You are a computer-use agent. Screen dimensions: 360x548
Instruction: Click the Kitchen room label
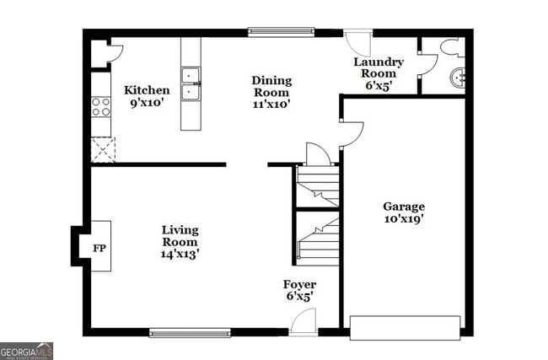(x=147, y=90)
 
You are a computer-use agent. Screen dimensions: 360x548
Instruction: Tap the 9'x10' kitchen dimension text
(x=147, y=104)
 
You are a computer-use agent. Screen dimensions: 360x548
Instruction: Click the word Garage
(x=404, y=207)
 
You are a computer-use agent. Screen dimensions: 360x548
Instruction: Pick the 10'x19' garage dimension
(x=404, y=219)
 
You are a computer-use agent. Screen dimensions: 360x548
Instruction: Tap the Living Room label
(x=180, y=235)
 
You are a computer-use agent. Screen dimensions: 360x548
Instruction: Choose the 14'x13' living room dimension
(x=180, y=252)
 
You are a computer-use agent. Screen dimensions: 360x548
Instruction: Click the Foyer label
(x=299, y=284)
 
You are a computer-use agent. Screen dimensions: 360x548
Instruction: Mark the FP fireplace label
(x=98, y=248)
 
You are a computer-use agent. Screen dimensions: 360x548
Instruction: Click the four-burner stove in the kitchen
(x=100, y=107)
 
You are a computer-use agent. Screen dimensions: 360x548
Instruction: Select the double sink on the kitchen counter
(x=191, y=83)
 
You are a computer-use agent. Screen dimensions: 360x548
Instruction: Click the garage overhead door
(x=405, y=327)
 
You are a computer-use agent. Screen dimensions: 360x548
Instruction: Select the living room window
(x=190, y=333)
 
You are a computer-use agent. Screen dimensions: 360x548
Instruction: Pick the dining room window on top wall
(x=281, y=33)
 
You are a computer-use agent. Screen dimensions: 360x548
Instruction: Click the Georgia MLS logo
(x=27, y=350)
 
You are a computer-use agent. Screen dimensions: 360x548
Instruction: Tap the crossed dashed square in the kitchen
(x=102, y=150)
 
